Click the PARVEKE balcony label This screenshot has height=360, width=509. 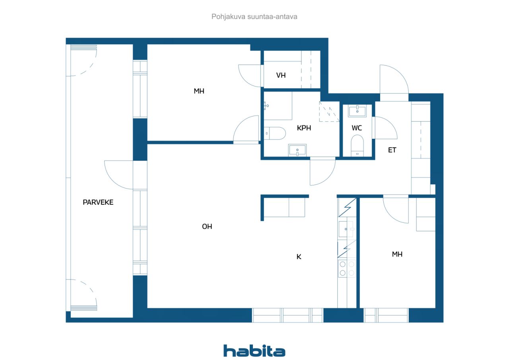coord(98,202)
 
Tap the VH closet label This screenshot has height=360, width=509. coord(281,75)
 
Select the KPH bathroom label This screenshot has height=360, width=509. coord(304,128)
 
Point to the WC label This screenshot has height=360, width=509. coord(357,128)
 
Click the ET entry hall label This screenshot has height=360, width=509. coord(392,150)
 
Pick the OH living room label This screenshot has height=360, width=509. coord(207,226)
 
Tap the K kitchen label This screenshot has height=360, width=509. coord(299,257)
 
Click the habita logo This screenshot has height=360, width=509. coord(254,351)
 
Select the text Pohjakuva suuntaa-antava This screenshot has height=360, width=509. coord(254,17)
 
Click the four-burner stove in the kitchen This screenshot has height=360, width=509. coord(347,269)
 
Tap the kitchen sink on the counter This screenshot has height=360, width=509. coord(346,229)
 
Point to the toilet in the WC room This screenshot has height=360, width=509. coord(357,146)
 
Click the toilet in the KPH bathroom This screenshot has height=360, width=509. coord(275,133)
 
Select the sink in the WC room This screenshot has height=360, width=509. coord(357,111)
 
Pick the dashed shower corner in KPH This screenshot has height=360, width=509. coord(329,111)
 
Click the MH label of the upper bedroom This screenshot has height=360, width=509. coord(199,91)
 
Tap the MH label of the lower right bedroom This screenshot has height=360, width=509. coord(397,254)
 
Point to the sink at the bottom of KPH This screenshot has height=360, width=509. coord(297,150)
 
